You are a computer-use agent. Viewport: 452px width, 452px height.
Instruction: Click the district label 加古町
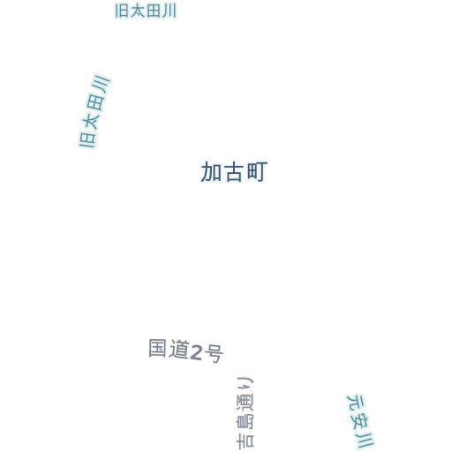pyautogui.click(x=234, y=171)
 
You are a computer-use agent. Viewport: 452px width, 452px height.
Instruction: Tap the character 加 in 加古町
pyautogui.click(x=211, y=172)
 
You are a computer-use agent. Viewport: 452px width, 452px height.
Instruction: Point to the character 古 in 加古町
pyautogui.click(x=234, y=172)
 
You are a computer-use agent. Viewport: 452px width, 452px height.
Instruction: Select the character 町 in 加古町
pyautogui.click(x=257, y=171)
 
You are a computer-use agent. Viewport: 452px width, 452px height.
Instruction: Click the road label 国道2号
pyautogui.click(x=186, y=350)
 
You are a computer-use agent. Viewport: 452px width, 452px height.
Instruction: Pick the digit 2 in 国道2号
pyautogui.click(x=196, y=352)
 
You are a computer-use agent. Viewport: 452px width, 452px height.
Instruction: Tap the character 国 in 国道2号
pyautogui.click(x=157, y=348)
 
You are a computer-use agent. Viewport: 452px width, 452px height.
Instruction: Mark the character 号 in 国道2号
pyautogui.click(x=214, y=354)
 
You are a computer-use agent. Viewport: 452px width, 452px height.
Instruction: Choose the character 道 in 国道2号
pyautogui.click(x=178, y=350)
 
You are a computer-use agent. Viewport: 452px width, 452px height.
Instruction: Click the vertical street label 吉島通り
pyautogui.click(x=245, y=413)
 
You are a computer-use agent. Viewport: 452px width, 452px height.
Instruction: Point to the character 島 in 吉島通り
pyautogui.click(x=245, y=422)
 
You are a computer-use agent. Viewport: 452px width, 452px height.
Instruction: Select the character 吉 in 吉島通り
pyautogui.click(x=245, y=441)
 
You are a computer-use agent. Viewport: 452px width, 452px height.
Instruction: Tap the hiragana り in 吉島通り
pyautogui.click(x=245, y=383)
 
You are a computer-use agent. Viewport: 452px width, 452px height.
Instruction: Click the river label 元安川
pyautogui.click(x=360, y=421)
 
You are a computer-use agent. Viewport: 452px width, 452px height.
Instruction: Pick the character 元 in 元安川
pyautogui.click(x=355, y=403)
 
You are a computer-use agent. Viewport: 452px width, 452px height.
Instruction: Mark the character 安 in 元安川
pyautogui.click(x=360, y=421)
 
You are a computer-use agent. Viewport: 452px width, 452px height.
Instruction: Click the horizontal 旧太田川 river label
pyautogui.click(x=146, y=11)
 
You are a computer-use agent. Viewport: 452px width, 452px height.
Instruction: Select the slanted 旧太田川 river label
pyautogui.click(x=94, y=111)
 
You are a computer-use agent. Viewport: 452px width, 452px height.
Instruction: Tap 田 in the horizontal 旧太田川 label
pyautogui.click(x=154, y=11)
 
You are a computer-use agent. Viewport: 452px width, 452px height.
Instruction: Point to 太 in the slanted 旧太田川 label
pyautogui.click(x=91, y=121)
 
